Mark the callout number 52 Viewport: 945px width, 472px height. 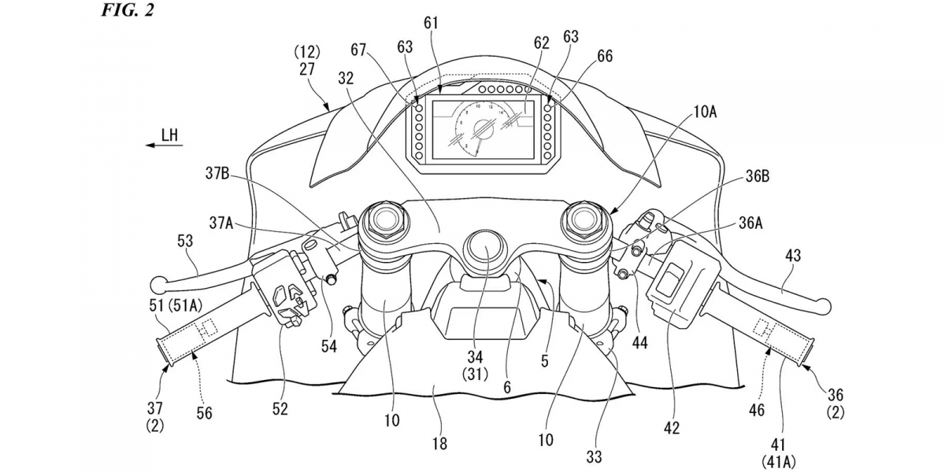(x=280, y=408)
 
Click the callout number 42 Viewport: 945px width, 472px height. (x=671, y=429)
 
